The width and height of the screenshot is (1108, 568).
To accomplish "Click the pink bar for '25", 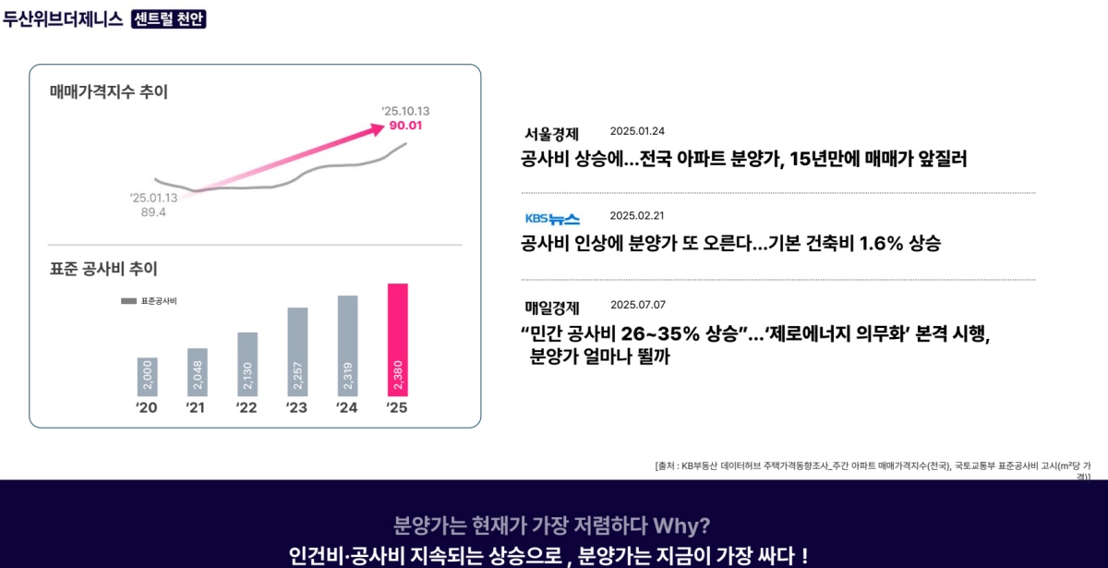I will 397,340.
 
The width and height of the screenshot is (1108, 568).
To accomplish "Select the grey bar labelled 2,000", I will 148,377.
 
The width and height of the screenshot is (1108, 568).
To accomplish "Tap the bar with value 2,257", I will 297,352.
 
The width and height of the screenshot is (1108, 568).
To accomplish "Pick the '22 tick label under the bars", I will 247,408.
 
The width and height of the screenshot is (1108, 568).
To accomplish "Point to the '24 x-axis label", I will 346,408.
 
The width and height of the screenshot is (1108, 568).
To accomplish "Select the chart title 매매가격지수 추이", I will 109,91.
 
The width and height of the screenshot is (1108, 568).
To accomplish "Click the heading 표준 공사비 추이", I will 103,269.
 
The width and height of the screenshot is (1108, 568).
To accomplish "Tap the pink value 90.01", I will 405,126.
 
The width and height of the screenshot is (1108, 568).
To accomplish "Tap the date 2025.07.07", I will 637,305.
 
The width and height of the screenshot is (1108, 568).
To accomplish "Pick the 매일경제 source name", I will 551,308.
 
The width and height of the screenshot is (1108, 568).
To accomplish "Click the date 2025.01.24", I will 637,131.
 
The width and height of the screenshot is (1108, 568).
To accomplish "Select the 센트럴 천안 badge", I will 169,18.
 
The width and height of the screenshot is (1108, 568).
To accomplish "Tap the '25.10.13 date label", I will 405,111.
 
